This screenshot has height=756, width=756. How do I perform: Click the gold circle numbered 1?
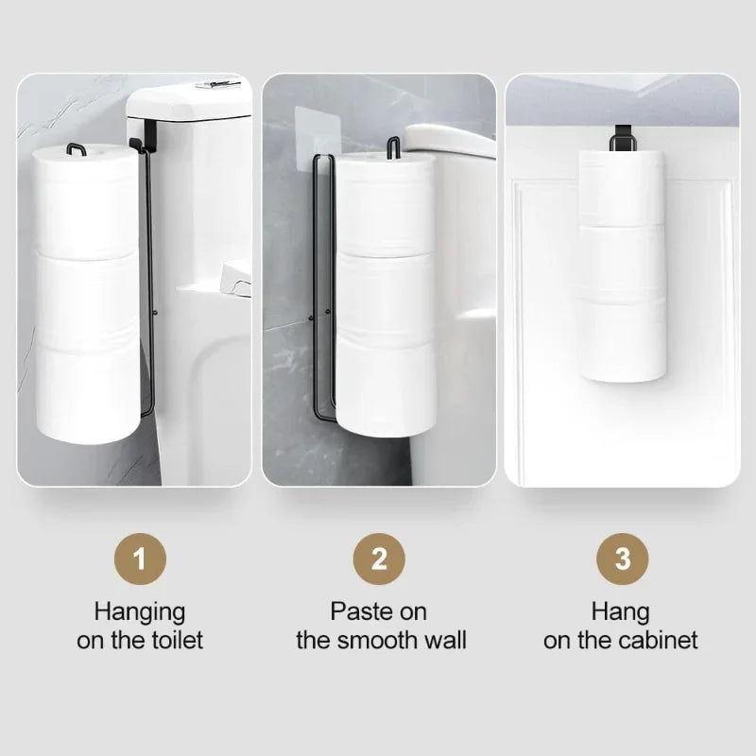(140, 558)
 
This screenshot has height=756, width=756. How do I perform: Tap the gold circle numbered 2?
(379, 558)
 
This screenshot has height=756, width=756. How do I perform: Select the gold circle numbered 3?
(622, 558)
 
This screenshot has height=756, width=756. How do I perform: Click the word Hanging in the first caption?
(140, 611)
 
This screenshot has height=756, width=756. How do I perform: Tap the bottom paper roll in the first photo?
(87, 389)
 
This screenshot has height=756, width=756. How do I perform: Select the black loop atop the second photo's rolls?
(392, 147)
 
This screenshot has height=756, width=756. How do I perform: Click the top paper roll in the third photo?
(622, 191)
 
